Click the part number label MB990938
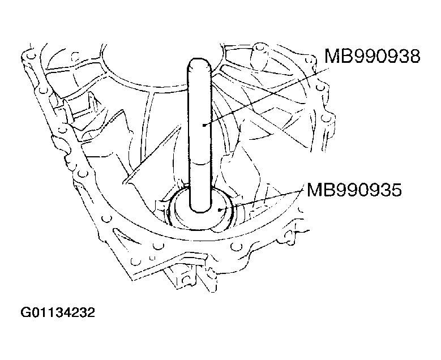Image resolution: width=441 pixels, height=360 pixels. tap(372, 58)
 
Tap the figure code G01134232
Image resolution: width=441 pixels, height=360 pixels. tap(56, 312)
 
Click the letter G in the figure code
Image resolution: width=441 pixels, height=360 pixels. tap(24, 312)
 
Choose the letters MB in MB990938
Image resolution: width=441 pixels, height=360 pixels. tap(336, 58)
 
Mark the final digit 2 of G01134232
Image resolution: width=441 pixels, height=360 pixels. tap(89, 312)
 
